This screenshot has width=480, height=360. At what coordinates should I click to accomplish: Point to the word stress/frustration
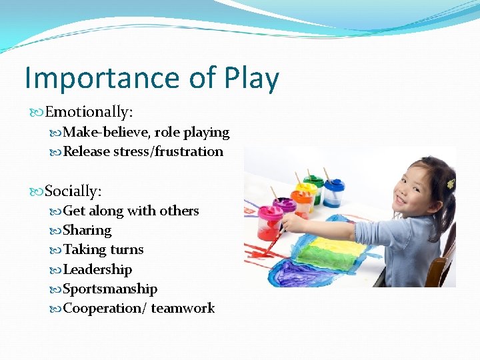pos(168,152)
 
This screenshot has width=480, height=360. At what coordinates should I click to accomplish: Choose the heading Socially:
pos(73,191)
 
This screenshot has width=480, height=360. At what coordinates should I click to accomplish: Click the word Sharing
pos(87,231)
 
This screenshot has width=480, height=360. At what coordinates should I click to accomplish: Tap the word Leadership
pos(97,270)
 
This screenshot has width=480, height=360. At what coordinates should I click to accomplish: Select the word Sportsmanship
pos(110,289)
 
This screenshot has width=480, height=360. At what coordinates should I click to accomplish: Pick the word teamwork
pos(183,309)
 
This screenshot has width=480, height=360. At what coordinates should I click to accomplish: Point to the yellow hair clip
pos(450,183)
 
